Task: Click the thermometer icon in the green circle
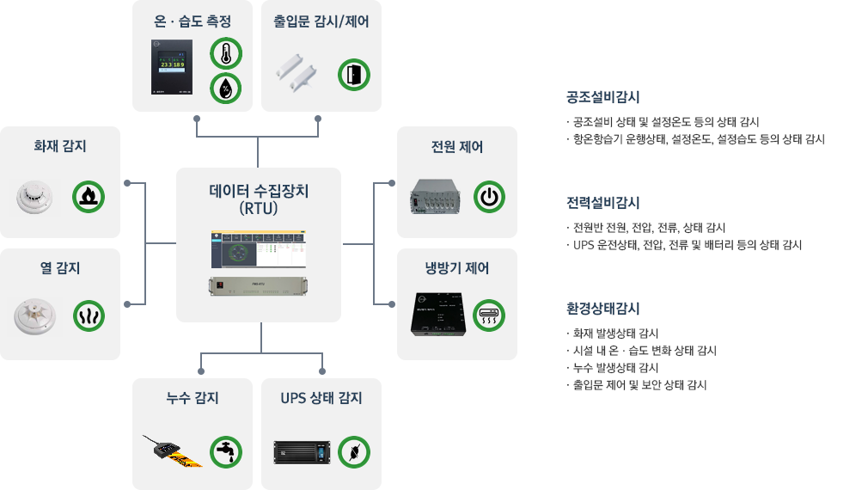point(226,53)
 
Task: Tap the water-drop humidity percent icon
point(226,88)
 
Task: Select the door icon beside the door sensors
point(353,75)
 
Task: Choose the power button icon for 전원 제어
point(489,197)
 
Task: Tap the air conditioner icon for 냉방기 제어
point(489,315)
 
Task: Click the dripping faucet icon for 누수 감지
point(226,451)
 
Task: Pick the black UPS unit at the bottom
point(302,451)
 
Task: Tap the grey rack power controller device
point(438,196)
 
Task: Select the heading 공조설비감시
point(602,97)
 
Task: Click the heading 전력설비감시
point(602,203)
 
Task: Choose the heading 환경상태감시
point(602,309)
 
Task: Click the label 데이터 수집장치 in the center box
point(259,191)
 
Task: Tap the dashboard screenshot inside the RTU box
point(259,249)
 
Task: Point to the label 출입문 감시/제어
point(321,21)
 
